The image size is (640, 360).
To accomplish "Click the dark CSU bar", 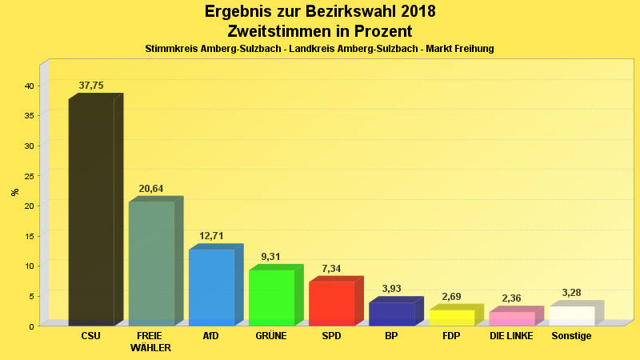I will (91, 212).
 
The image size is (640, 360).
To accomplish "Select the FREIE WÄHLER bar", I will (151, 263).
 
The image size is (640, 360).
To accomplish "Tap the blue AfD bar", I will (211, 287).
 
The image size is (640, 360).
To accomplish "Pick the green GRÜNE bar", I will (271, 298).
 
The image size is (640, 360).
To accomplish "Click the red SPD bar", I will (331, 303).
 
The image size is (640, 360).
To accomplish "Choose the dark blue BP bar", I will (391, 314).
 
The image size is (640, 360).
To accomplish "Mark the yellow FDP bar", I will (451, 318).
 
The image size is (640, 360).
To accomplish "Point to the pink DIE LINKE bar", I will (511, 318).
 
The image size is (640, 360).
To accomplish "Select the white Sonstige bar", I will (571, 316).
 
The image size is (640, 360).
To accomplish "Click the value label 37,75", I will (91, 86).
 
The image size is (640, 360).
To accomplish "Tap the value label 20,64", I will (151, 189).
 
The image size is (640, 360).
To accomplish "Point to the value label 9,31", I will (271, 257).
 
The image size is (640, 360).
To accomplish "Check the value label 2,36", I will (511, 298).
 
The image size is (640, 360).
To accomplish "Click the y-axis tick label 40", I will (28, 86).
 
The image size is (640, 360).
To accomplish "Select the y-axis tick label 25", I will (28, 176).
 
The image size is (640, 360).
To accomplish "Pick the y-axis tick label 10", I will (28, 266).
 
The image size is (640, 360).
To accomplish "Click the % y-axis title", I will (14, 192).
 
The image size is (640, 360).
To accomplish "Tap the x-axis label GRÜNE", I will (271, 336).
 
